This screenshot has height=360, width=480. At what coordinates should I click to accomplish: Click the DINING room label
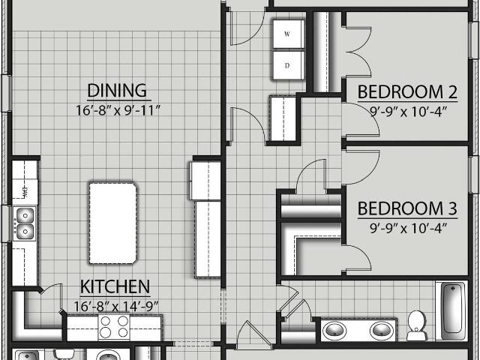(117, 90)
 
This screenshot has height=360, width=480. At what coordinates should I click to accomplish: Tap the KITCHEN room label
(115, 286)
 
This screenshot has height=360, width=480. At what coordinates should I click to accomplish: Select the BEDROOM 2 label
(407, 91)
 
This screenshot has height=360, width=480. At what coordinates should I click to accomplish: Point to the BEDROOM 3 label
(407, 208)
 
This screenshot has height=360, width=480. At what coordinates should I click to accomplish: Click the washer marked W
(288, 34)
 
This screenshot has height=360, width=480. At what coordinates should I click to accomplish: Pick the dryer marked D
(288, 65)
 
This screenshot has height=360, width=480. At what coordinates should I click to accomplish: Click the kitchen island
(112, 223)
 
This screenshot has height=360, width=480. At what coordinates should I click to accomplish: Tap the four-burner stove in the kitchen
(114, 326)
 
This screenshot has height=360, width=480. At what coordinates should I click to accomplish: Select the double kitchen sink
(25, 223)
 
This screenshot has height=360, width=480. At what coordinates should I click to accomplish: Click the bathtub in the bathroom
(451, 310)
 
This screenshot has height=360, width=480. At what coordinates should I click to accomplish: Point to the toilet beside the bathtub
(416, 325)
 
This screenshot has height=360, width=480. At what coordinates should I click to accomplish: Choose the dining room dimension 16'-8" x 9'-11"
(118, 110)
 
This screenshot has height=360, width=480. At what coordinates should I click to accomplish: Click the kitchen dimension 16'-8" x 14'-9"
(116, 306)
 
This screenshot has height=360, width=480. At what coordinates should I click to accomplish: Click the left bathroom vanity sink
(336, 331)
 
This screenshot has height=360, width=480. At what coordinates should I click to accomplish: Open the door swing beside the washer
(247, 28)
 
